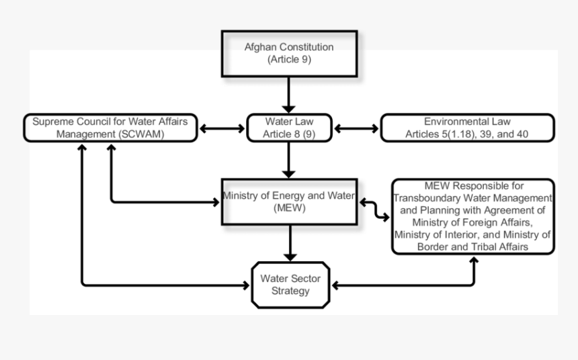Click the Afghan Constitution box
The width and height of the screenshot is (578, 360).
(289, 53)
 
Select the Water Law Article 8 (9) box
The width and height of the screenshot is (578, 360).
(289, 128)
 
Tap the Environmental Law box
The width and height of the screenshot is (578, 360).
(467, 128)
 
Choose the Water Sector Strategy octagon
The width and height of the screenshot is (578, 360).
(290, 284)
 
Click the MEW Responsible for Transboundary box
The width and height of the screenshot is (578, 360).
(473, 216)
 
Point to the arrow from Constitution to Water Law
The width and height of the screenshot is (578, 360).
(289, 95)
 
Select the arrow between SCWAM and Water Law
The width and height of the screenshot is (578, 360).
(222, 128)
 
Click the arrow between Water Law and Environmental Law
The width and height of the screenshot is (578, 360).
(357, 128)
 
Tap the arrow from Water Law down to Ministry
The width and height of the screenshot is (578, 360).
(289, 160)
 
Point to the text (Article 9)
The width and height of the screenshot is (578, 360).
(289, 60)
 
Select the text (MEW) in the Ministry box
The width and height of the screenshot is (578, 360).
(290, 208)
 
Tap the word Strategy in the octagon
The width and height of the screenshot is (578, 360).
(290, 291)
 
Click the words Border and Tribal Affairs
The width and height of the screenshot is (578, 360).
(473, 246)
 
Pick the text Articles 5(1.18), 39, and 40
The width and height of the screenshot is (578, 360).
(467, 134)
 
